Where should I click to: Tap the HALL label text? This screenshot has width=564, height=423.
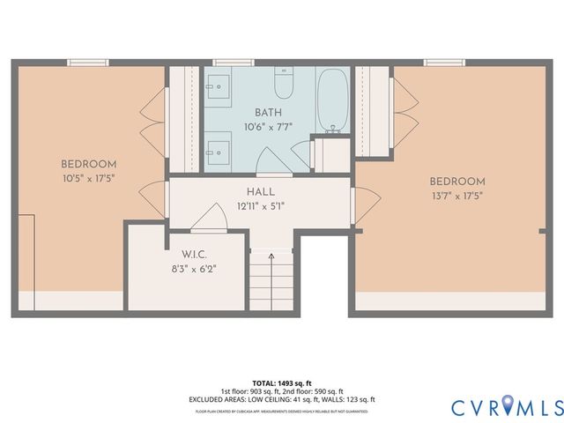pos(261,190)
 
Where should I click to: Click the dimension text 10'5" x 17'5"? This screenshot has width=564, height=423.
pos(88,178)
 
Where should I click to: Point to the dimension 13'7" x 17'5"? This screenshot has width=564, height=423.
pos(457,196)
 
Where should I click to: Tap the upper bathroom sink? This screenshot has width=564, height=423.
pos(219,86)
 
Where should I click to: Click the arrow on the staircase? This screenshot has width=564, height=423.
pos(271,257)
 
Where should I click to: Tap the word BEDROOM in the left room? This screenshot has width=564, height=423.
pos(88,164)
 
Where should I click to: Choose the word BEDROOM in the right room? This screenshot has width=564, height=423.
pos(457,182)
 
